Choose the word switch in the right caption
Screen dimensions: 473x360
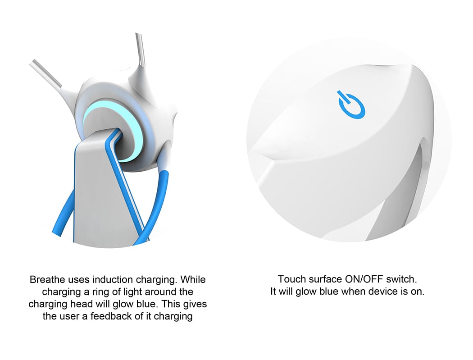click(x=401, y=279)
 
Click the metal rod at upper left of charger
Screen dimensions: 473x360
click(x=45, y=73)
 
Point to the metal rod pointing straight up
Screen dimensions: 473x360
click(x=140, y=50)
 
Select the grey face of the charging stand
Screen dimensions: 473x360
click(x=100, y=190)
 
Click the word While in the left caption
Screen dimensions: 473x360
click(x=193, y=279)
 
